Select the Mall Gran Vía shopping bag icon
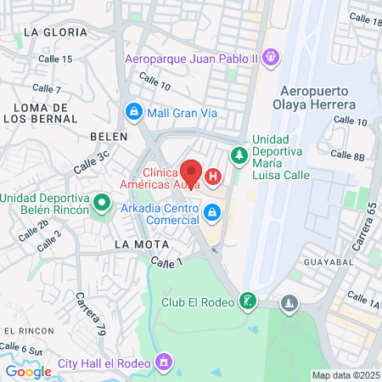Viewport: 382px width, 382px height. point(133,111)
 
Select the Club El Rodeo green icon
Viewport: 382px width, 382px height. point(247,301)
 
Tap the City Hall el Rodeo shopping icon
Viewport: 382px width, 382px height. point(164,363)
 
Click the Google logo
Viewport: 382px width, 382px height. point(28,371)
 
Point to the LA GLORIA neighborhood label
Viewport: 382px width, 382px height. point(56,31)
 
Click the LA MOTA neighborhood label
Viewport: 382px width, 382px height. point(136,244)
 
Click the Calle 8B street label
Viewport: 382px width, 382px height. point(346,154)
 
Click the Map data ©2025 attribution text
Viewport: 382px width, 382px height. point(345,375)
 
